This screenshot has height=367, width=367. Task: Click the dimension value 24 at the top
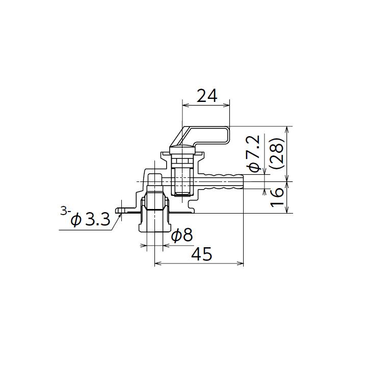pyautogui.click(x=207, y=95)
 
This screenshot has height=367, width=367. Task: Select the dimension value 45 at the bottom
pyautogui.click(x=202, y=253)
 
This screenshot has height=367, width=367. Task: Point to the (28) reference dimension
pyautogui.click(x=278, y=153)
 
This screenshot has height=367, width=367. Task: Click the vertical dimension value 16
pyautogui.click(x=278, y=197)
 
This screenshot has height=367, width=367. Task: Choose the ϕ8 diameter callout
pyautogui.click(x=182, y=235)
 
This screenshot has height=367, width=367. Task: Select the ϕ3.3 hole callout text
pyautogui.click(x=90, y=220)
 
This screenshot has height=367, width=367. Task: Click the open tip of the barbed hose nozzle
pyautogui.click(x=243, y=181)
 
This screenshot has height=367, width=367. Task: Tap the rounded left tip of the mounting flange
pyautogui.click(x=118, y=209)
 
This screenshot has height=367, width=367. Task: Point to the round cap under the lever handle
pyautogui.click(x=182, y=149)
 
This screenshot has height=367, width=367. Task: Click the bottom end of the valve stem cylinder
pyautogui.click(x=182, y=194)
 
